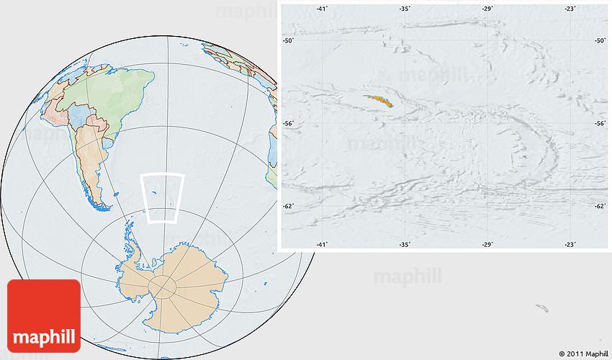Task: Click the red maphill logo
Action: (43, 315)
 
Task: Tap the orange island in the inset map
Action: (379, 101)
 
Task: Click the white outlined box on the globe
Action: (162, 198)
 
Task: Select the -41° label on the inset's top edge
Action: (322, 9)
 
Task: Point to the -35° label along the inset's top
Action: (405, 9)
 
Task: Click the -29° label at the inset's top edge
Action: (487, 9)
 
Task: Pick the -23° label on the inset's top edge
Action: (570, 9)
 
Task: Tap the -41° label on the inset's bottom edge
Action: (322, 245)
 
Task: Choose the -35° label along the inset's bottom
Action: (405, 245)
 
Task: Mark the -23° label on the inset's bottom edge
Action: (570, 245)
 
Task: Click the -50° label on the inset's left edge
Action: (288, 41)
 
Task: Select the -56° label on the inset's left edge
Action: (288, 124)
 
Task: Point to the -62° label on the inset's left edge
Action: (288, 207)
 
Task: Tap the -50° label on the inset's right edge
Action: (600, 41)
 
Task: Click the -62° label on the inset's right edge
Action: (600, 207)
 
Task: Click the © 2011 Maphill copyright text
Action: (582, 353)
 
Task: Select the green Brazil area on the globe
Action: (115, 94)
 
